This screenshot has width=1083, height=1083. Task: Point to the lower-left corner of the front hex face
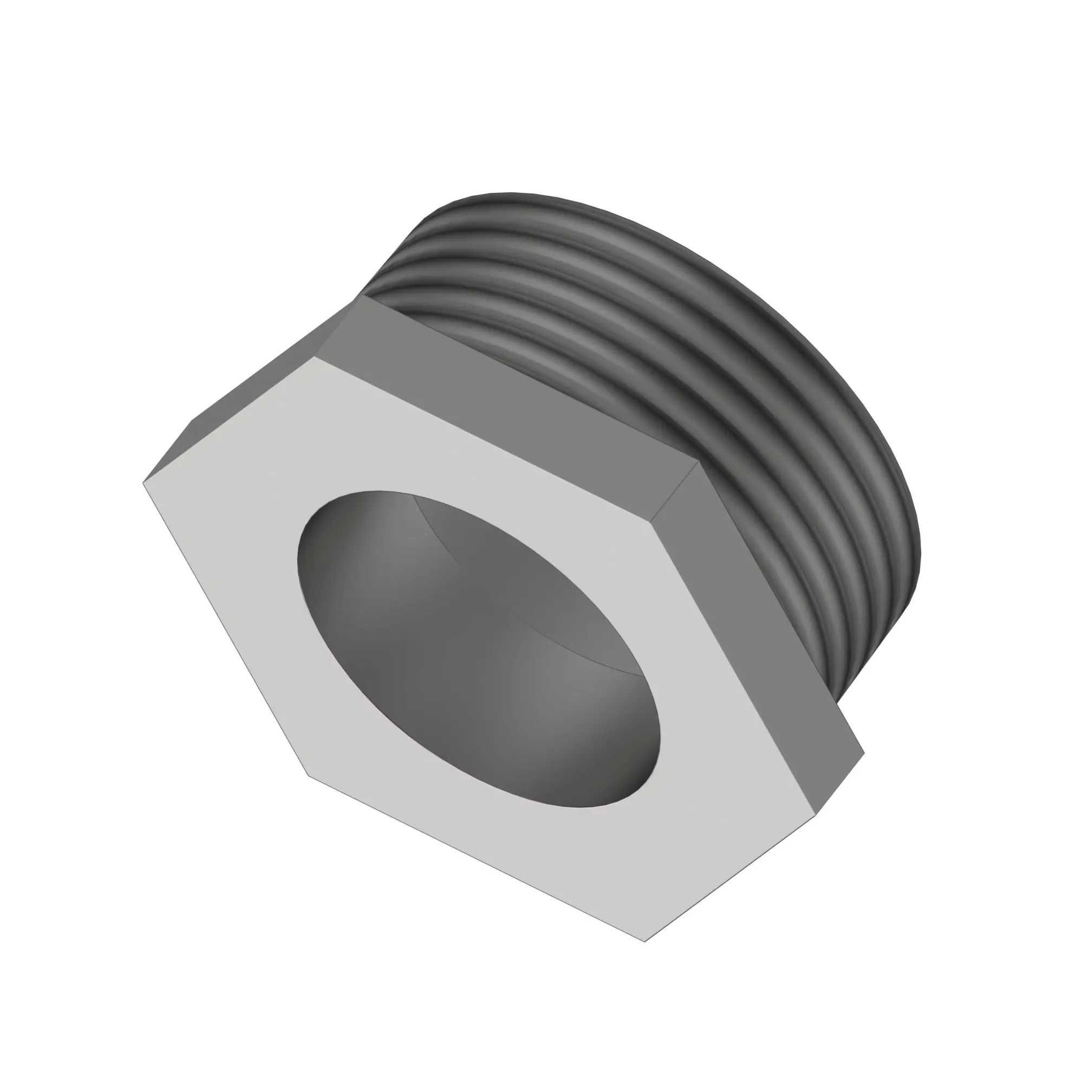[x=308, y=775]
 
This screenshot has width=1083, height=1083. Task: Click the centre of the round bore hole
[x=479, y=650]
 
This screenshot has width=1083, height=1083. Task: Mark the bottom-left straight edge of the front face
[x=477, y=858]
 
